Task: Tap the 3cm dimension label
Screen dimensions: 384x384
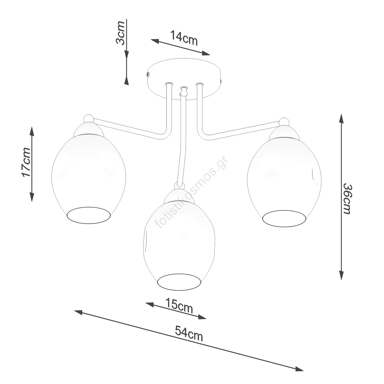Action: point(120,33)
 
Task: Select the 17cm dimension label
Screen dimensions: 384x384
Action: point(26,162)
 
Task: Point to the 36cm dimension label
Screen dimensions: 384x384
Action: point(347,199)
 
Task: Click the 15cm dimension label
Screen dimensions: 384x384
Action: point(179,305)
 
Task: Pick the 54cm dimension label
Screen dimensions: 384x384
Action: point(189,333)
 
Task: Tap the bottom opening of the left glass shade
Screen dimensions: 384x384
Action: point(89,215)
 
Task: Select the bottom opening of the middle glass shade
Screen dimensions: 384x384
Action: point(179,282)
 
